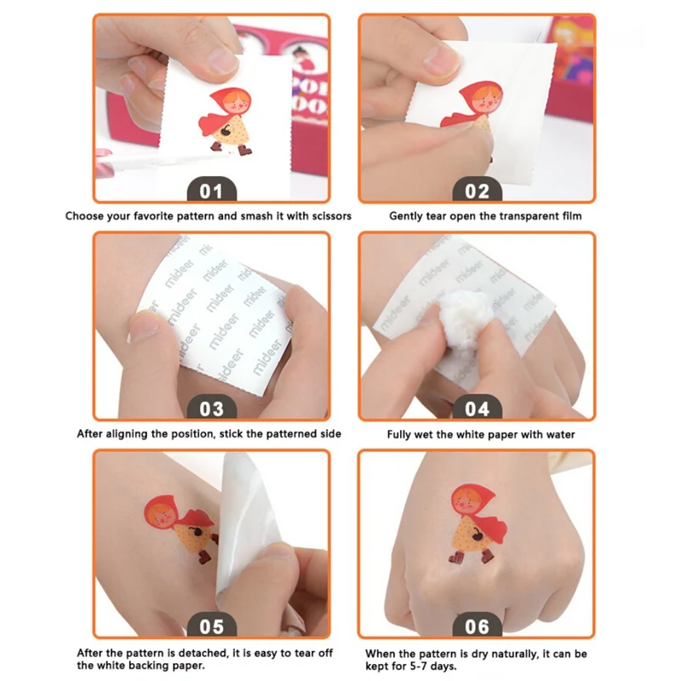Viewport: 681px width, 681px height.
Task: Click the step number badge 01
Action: tap(212, 190)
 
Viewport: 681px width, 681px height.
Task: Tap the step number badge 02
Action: tap(478, 190)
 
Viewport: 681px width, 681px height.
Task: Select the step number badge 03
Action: tap(212, 408)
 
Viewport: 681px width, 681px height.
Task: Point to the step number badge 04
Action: tap(478, 408)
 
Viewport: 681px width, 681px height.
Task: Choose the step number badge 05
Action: tap(212, 626)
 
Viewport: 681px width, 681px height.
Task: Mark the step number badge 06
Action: tap(478, 626)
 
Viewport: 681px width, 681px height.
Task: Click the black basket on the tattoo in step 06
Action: tap(477, 535)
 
